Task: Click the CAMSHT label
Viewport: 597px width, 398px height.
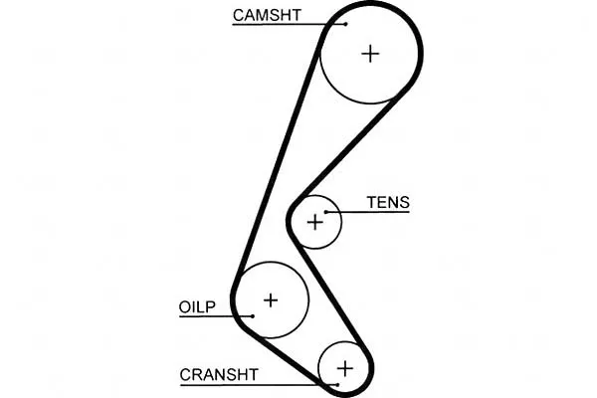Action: pos(267,15)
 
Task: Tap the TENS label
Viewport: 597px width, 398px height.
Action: pos(388,202)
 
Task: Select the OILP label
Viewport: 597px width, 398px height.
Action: pos(197,306)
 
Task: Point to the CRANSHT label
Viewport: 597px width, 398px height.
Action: pos(219,375)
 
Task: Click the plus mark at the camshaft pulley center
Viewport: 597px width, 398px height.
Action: pos(370,54)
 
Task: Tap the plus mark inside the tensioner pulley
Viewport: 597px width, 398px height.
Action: pos(314,222)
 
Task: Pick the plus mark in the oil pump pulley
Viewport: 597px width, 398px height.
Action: pos(271,300)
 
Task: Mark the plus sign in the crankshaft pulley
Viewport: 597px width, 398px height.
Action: pos(345,369)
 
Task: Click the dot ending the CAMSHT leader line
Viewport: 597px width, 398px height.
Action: pos(345,24)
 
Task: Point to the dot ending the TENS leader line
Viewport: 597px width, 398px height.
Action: pos(326,212)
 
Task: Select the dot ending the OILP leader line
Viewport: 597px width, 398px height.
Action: pos(253,315)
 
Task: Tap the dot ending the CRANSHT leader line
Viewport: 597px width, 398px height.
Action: pos(337,385)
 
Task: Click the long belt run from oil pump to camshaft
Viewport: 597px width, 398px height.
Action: pos(279,162)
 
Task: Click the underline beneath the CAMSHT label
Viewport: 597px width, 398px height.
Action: pos(289,24)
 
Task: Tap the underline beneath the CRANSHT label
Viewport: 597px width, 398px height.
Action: pos(259,385)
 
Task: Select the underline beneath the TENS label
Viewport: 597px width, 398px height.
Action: pos(368,212)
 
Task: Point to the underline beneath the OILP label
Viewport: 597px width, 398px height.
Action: pos(216,316)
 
